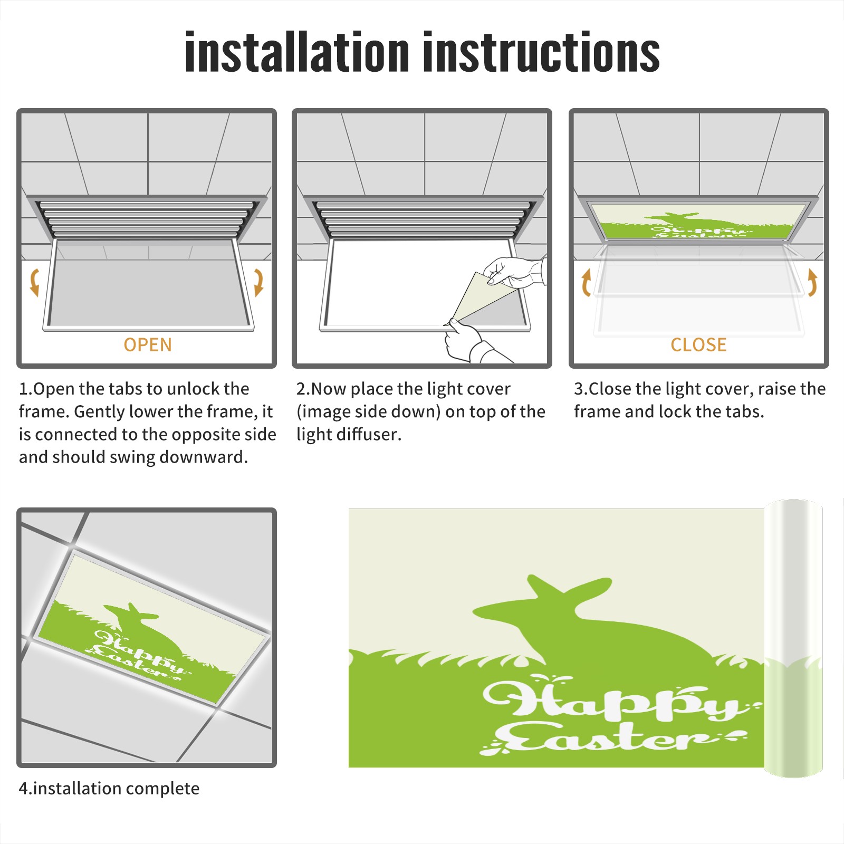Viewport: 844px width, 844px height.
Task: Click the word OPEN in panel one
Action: pyautogui.click(x=148, y=345)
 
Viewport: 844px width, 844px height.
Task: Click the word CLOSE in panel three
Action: pyautogui.click(x=698, y=345)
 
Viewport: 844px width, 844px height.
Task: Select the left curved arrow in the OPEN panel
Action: pyautogui.click(x=34, y=282)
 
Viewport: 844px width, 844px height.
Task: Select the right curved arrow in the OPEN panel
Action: pyautogui.click(x=258, y=282)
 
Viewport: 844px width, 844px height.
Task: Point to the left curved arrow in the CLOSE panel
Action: pyautogui.click(x=586, y=283)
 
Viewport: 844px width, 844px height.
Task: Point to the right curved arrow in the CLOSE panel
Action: pyautogui.click(x=812, y=282)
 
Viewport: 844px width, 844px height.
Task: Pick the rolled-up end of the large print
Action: pyautogui.click(x=793, y=638)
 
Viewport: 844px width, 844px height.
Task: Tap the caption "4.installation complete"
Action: pyautogui.click(x=109, y=789)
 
